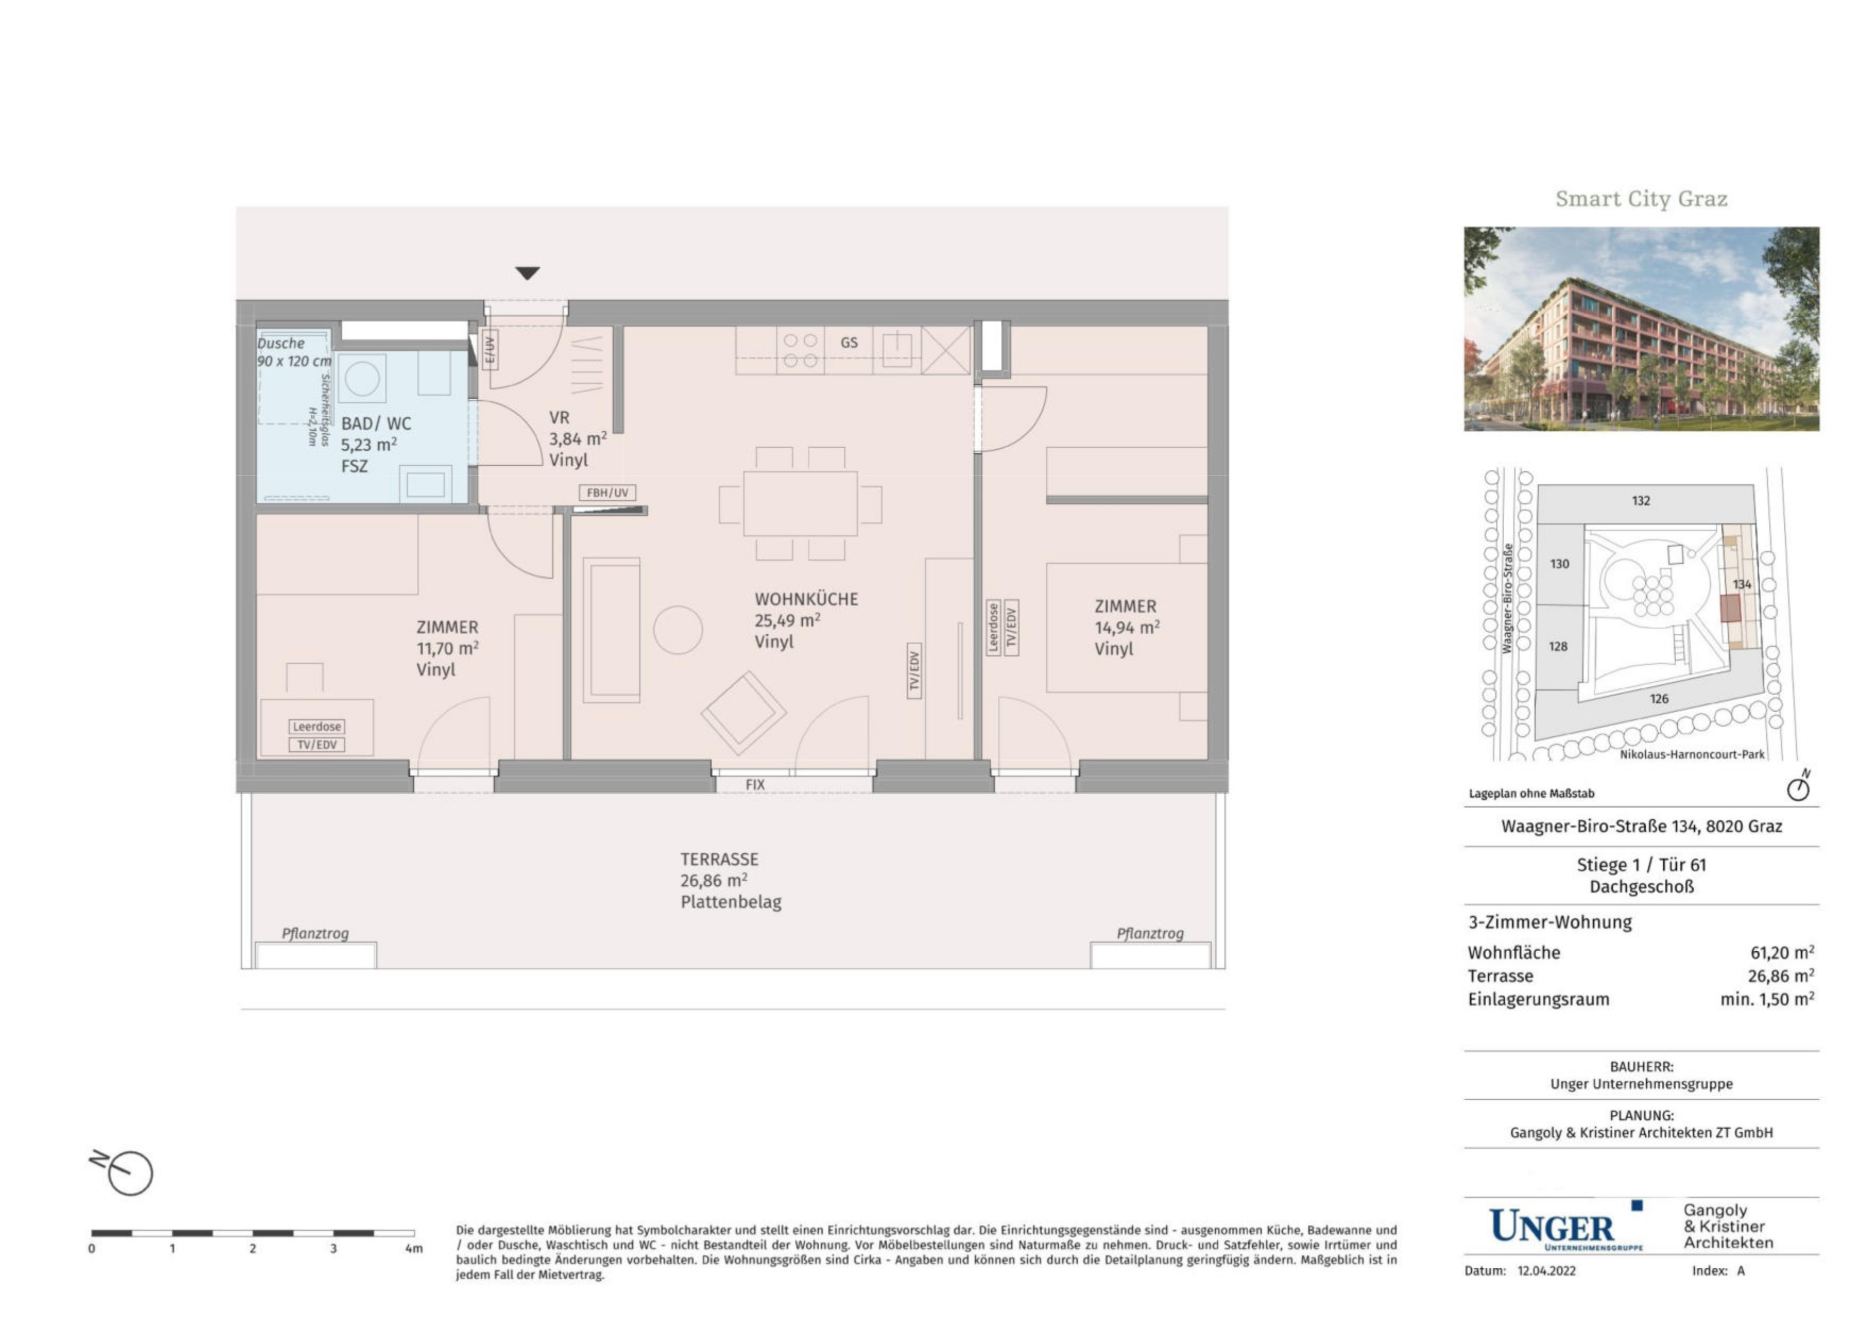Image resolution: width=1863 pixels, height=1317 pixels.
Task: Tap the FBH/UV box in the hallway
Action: pos(608,492)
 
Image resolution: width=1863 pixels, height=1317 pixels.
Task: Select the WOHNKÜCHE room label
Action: pos(806,599)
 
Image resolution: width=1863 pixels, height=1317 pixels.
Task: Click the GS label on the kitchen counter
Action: pos(849,342)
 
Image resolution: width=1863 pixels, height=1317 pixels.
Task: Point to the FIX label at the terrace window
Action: pos(755,785)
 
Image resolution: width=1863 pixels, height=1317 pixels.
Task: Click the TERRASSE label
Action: pos(719,859)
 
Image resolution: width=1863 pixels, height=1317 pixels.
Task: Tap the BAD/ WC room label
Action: pos(376,424)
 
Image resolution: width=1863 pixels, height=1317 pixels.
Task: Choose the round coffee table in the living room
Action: pos(678,630)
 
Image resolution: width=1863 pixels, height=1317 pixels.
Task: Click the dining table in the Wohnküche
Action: pos(800,503)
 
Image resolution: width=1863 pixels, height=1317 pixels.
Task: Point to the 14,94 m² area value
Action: pos(1127,627)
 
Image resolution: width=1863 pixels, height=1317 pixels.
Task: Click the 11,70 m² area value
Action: pos(447,648)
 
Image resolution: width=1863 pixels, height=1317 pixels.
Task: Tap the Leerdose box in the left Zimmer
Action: pos(317,726)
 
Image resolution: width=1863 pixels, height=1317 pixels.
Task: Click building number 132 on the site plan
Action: pos(1641,501)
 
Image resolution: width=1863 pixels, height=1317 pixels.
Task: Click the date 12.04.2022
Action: pos(1546,1271)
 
